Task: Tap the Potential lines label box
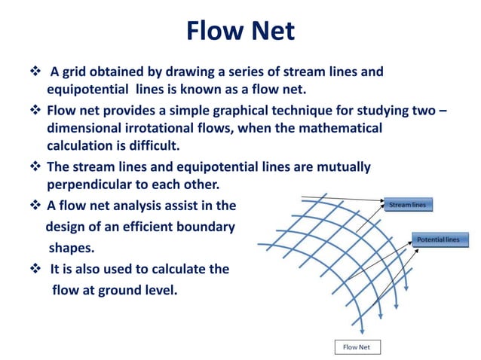440,239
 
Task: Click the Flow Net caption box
357,347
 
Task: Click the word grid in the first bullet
75,72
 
